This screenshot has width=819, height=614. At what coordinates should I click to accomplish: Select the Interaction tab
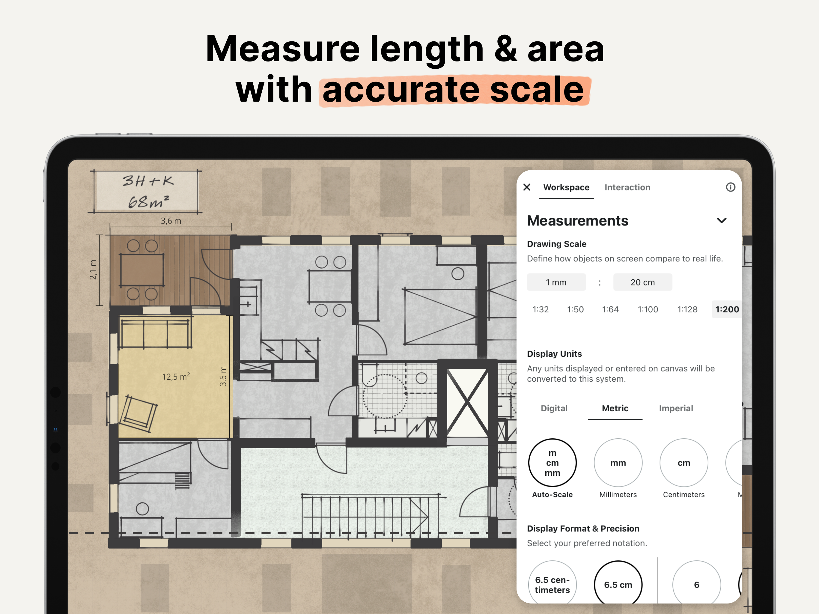pyautogui.click(x=627, y=187)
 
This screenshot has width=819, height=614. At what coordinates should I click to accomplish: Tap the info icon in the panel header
pyautogui.click(x=730, y=187)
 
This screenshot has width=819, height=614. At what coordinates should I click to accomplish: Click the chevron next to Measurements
pyautogui.click(x=722, y=221)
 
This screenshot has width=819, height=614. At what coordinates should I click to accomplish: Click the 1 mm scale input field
pyautogui.click(x=556, y=282)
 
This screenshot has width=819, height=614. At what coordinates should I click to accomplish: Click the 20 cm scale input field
pyautogui.click(x=642, y=282)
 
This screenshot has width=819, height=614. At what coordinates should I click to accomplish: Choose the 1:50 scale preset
pyautogui.click(x=575, y=309)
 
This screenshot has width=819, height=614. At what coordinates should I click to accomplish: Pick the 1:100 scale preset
pyautogui.click(x=648, y=309)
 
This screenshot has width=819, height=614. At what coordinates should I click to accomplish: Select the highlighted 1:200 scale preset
pyautogui.click(x=727, y=309)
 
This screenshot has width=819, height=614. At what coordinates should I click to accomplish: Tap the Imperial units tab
pyautogui.click(x=676, y=408)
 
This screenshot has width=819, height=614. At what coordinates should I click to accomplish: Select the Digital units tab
pyautogui.click(x=554, y=408)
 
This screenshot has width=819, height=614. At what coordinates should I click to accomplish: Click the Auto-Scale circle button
pyautogui.click(x=552, y=463)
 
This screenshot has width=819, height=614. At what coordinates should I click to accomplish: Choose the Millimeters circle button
pyautogui.click(x=618, y=463)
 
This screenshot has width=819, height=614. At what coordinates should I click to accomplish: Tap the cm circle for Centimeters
pyautogui.click(x=683, y=463)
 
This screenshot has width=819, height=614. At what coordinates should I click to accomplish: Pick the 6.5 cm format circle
pyautogui.click(x=618, y=584)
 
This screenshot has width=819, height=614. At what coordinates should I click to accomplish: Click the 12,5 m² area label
pyautogui.click(x=176, y=377)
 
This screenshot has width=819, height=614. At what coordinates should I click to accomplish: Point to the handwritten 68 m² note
pyautogui.click(x=148, y=202)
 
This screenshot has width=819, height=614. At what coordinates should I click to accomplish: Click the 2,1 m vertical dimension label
pyautogui.click(x=93, y=270)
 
